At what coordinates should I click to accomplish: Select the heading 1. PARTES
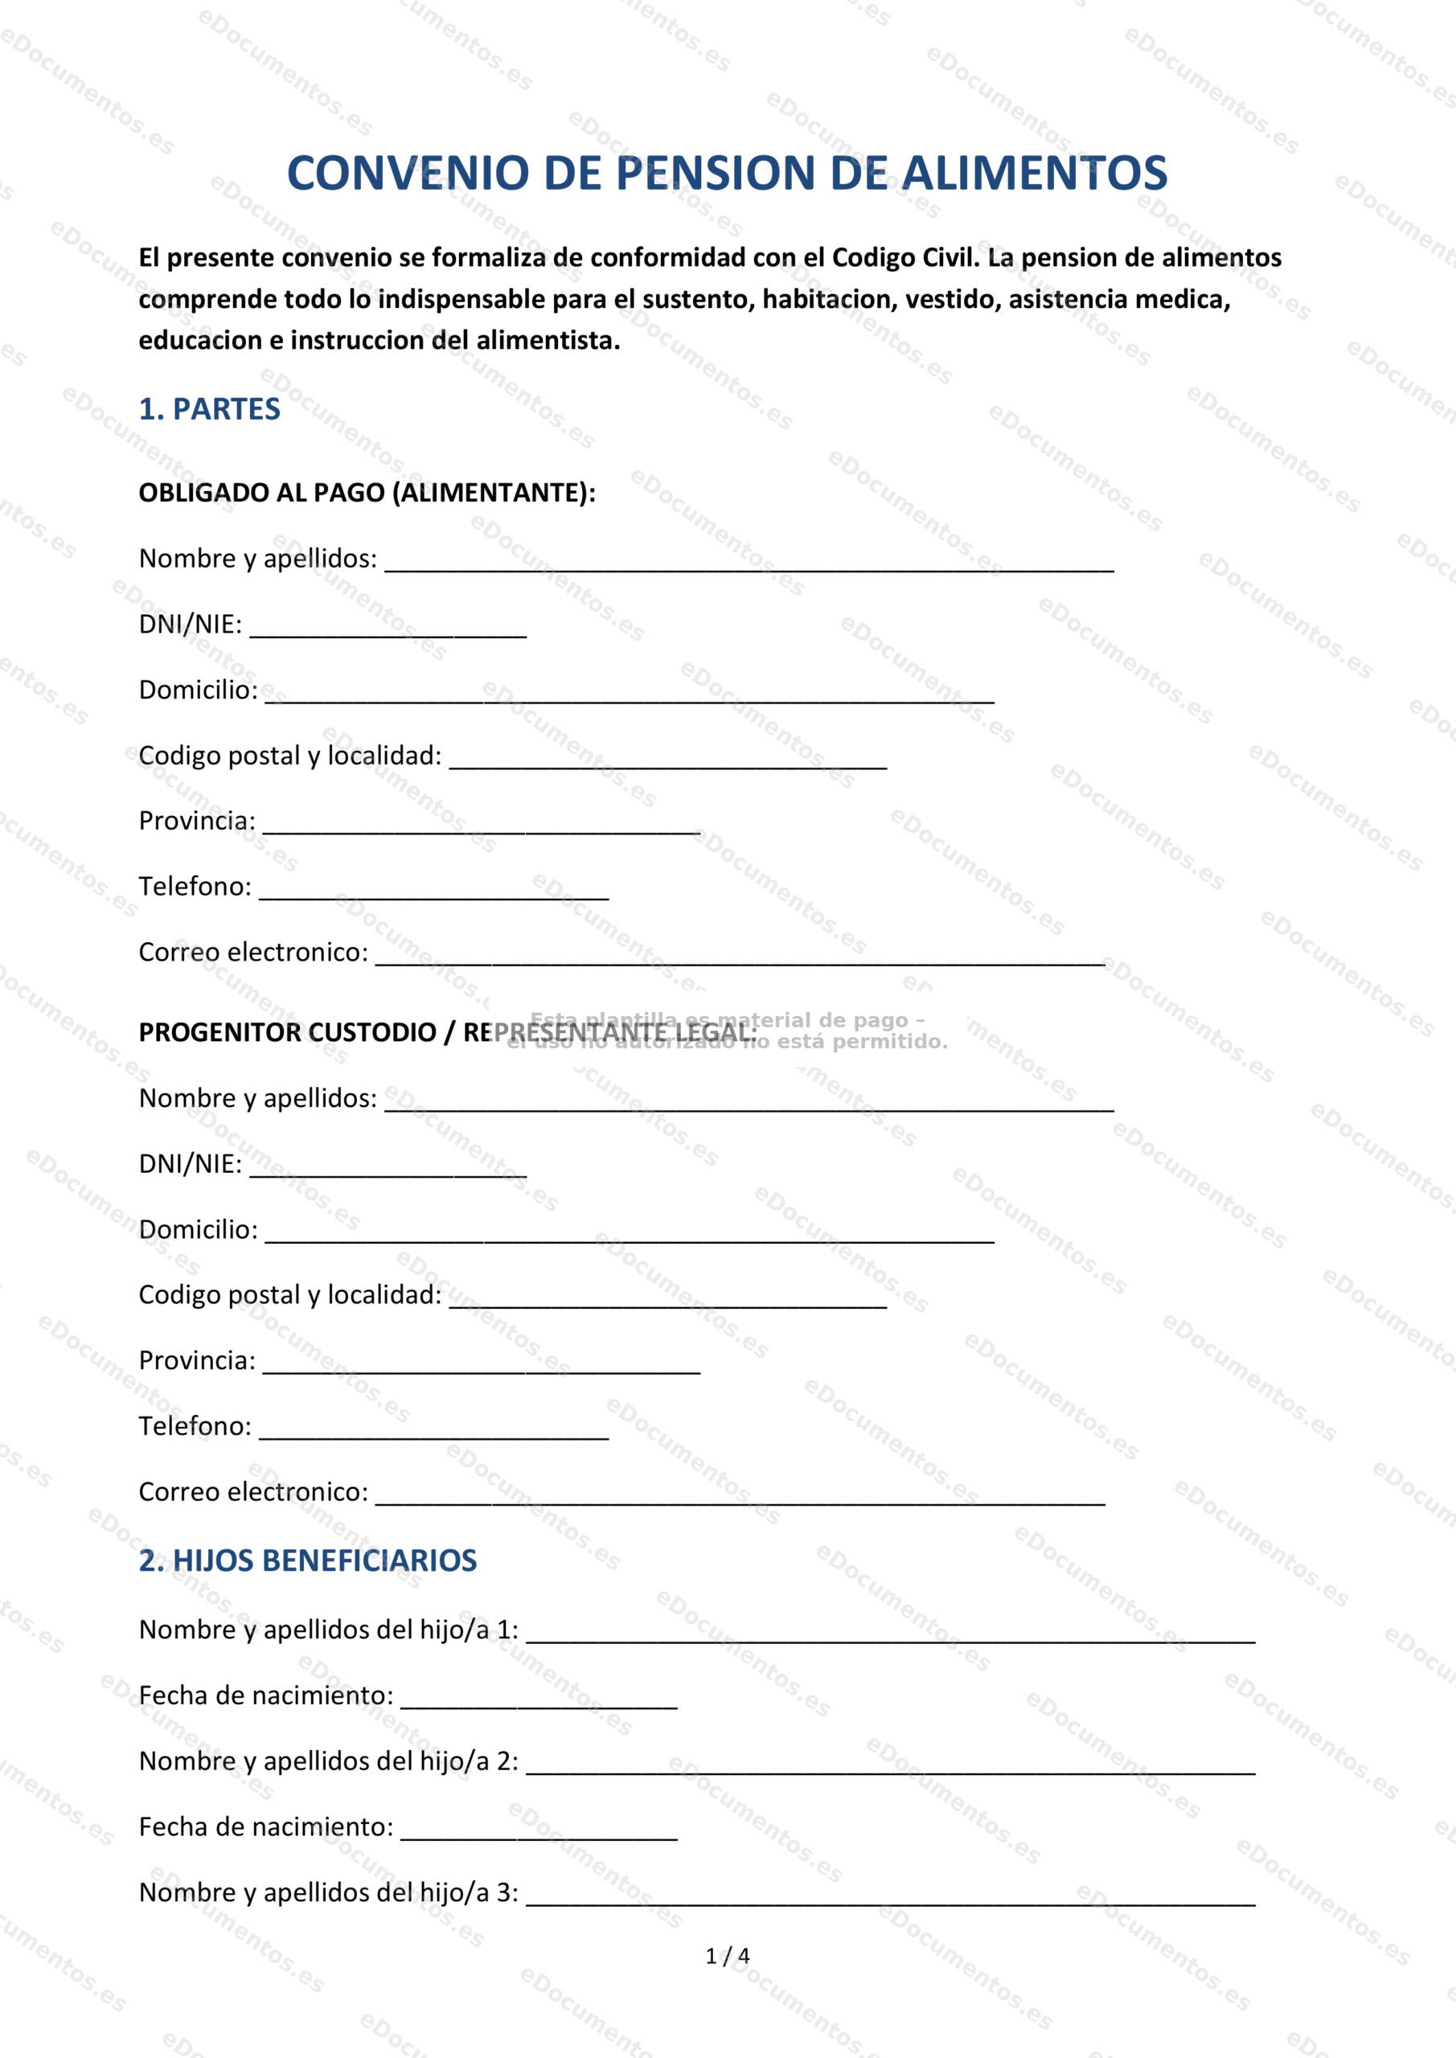click(x=209, y=410)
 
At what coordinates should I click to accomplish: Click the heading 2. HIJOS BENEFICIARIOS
click(x=307, y=1560)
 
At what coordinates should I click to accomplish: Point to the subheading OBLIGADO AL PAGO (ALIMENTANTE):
click(x=367, y=493)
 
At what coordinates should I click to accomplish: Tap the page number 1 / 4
click(x=727, y=1956)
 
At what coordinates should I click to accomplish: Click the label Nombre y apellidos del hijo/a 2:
click(x=328, y=1761)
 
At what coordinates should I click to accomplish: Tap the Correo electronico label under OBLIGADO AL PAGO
click(x=252, y=952)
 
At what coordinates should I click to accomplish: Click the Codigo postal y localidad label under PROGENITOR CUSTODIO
click(x=289, y=1295)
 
